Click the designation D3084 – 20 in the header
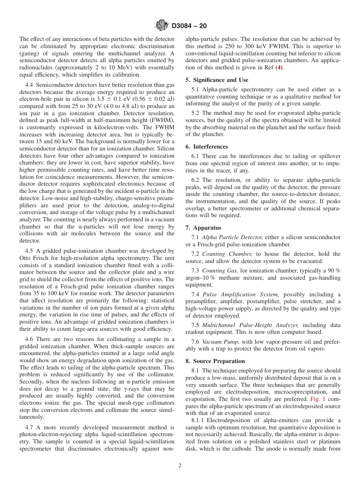[x=189, y=26]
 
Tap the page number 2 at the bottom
[x=180, y=466]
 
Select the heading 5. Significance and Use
[x=217, y=80]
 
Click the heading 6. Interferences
[x=207, y=147]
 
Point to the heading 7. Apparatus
[x=203, y=228]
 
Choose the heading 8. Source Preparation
[x=215, y=361]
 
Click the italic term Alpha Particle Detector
[x=232, y=237]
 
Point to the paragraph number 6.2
[x=196, y=180]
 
